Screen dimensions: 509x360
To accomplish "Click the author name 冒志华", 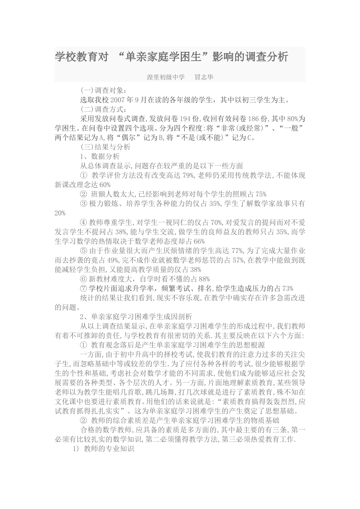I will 204,77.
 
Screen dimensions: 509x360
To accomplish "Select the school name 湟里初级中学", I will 166,77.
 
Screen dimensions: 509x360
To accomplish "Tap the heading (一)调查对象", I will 102,91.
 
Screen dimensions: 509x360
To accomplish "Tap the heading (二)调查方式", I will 102,109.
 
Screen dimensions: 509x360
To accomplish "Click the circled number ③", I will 84,204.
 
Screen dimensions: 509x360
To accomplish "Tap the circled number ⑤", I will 84,251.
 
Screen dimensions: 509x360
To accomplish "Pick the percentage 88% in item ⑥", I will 204,279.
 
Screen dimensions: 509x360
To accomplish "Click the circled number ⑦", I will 84,289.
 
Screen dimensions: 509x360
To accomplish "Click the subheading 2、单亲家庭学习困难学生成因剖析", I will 136,317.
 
